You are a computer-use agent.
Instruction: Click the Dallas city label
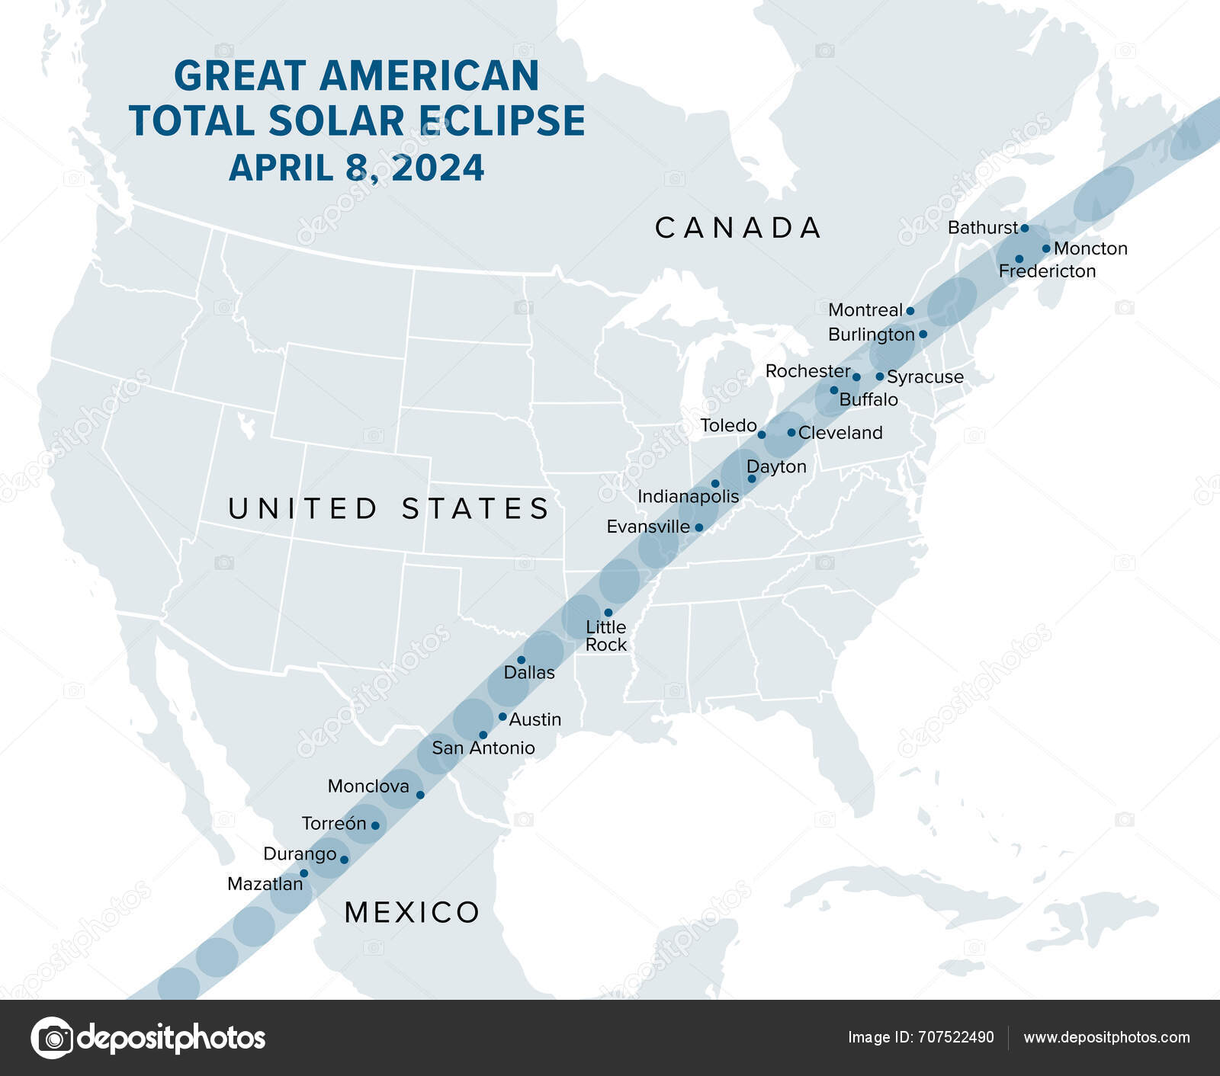coord(529,672)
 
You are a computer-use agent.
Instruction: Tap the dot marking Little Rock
coord(608,613)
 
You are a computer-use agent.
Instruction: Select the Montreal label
coord(865,310)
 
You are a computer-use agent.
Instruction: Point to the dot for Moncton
coord(1046,248)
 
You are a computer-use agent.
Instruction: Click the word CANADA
coord(738,228)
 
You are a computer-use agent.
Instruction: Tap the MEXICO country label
coord(412,912)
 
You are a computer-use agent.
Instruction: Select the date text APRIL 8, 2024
coord(356,168)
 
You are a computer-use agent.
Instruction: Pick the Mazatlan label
coord(265,884)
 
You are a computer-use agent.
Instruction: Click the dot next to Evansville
coord(698,527)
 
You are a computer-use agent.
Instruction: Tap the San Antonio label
coord(483,748)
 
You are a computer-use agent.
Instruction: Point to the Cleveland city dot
coord(791,433)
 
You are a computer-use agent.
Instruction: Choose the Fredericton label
coord(1047,271)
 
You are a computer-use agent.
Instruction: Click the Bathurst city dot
coord(1025,228)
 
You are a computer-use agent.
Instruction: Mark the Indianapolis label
coord(688,497)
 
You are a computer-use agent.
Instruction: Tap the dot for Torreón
coord(374,825)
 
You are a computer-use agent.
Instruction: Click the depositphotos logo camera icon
coord(52,1037)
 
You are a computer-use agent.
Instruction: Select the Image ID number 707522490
coord(956,1037)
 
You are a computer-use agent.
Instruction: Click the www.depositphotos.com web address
coord(1106,1037)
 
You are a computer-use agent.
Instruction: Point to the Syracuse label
coord(925,377)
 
